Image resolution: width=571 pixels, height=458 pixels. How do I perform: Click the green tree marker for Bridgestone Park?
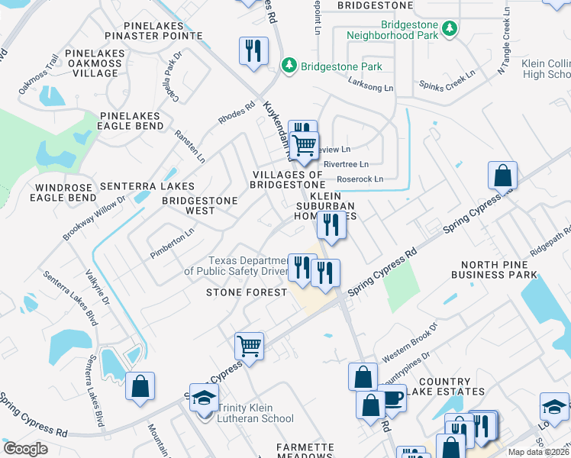click(289, 66)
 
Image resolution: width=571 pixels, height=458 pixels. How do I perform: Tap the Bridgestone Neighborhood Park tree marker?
click(450, 28)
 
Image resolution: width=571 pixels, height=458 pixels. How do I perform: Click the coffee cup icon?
click(392, 398)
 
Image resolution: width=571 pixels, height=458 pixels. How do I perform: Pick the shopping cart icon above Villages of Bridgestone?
click(305, 144)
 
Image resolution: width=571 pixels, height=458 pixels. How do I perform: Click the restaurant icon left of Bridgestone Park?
click(253, 51)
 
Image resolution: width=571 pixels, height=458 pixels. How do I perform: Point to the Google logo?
click(25, 449)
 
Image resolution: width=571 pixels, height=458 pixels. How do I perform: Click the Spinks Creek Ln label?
click(446, 79)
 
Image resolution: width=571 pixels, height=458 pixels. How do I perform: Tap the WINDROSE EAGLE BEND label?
click(66, 192)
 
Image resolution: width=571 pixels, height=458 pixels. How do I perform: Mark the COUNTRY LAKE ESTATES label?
click(450, 386)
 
